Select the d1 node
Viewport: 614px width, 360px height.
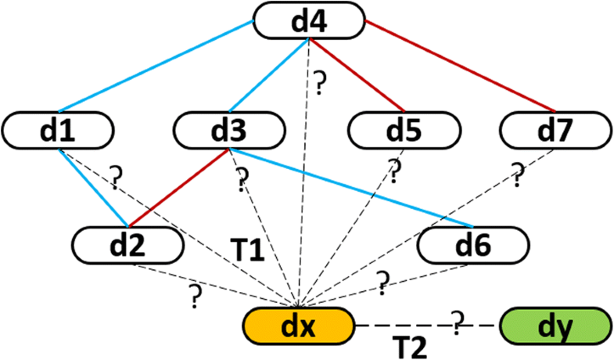click(x=59, y=130)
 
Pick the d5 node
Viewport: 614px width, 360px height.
click(x=404, y=130)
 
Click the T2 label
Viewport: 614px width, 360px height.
click(x=408, y=344)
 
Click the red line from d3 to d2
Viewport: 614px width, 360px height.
click(x=176, y=188)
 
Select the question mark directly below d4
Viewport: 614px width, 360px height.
click(x=319, y=81)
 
